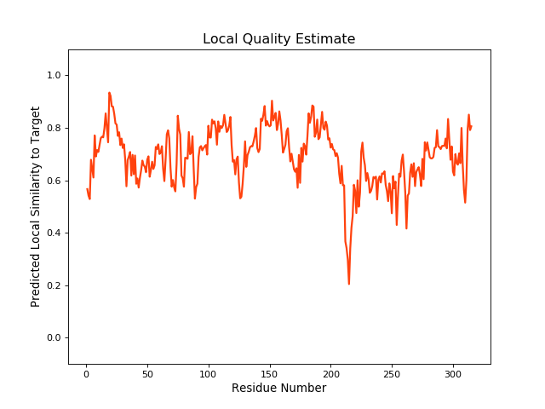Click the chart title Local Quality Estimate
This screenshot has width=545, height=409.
coord(278,39)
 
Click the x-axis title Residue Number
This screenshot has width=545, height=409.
coord(278,389)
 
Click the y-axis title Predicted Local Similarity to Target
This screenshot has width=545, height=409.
coord(36,207)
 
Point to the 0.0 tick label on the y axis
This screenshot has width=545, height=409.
coord(54,338)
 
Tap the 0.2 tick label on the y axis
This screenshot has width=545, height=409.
coord(54,285)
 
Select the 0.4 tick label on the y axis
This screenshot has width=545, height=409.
coord(54,233)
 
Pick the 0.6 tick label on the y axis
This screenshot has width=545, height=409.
coord(54,181)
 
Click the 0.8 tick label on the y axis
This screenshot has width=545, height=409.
coord(54,129)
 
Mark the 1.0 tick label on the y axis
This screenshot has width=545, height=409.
coord(54,76)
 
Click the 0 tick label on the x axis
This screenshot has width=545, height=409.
coord(86,373)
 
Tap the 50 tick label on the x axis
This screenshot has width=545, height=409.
coord(147,373)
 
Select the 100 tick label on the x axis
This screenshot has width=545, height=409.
coord(209,373)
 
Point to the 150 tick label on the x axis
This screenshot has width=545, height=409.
coord(269,373)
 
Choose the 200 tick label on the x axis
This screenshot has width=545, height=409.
coord(330,373)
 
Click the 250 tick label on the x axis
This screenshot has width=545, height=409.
coord(392,373)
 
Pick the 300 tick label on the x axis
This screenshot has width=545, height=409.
coord(453,373)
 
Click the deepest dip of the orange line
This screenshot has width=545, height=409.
coord(349,284)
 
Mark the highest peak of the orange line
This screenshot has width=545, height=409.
coord(109,93)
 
